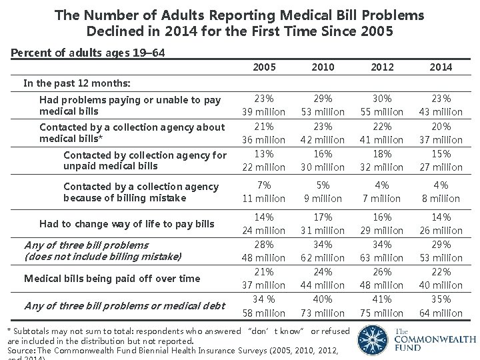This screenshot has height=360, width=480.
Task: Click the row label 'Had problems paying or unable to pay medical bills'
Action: [x=130, y=105]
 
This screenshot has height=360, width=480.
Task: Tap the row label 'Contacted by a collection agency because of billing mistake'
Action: [x=141, y=192]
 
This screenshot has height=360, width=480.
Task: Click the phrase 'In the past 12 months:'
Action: [x=77, y=83]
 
